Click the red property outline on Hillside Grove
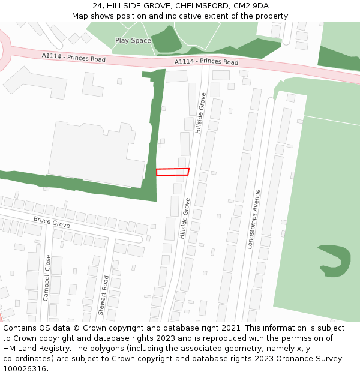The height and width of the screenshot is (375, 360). click(x=173, y=172)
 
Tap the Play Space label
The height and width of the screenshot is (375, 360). click(x=133, y=41)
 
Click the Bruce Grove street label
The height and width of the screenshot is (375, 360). click(x=52, y=223)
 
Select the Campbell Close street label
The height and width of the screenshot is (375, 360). click(x=47, y=278)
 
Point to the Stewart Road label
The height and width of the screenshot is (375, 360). click(x=103, y=295)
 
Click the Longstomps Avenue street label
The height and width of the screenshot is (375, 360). click(x=254, y=219)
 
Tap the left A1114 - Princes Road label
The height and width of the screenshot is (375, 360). click(x=74, y=58)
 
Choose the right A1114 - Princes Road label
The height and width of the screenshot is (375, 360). click(x=206, y=62)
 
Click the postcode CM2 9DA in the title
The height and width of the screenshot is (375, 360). click(x=251, y=6)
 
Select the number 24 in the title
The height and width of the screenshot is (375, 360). click(x=98, y=6)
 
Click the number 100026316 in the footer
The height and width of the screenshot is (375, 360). click(x=25, y=369)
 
